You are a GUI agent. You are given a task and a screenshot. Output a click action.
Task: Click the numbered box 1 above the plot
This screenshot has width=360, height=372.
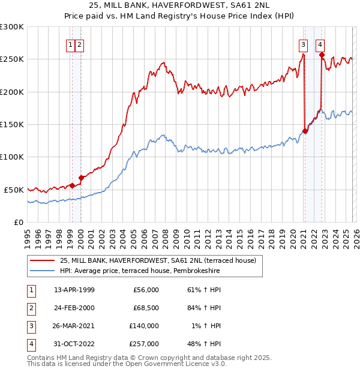tap(71, 44)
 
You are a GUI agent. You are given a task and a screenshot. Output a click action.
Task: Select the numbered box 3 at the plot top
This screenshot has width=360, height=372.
tap(304, 44)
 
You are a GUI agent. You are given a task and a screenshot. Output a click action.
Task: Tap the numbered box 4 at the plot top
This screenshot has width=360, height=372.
tap(320, 44)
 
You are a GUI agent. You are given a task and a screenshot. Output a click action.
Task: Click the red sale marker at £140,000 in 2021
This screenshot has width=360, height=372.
tap(305, 131)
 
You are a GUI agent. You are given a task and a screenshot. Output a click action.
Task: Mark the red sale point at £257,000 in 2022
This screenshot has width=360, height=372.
tap(322, 55)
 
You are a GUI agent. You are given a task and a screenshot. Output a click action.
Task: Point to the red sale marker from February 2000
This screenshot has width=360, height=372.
tap(81, 178)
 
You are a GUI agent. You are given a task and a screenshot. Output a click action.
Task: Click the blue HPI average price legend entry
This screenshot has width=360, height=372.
tap(139, 271)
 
